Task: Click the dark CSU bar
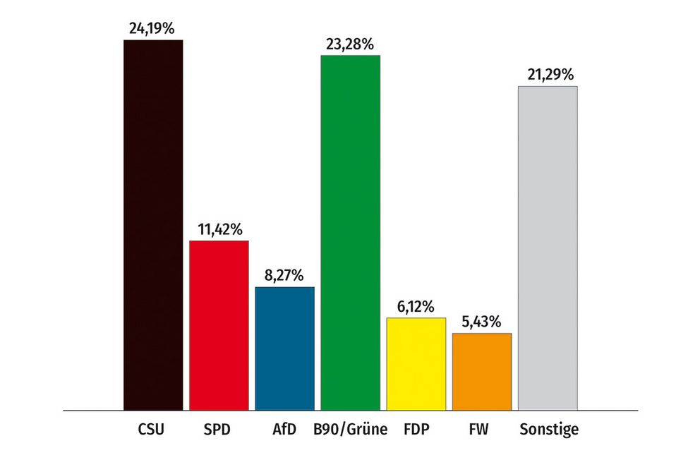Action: pos(153,224)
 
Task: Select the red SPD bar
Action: pos(219,325)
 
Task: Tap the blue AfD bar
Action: pos(284,348)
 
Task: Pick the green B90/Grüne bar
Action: pos(350,232)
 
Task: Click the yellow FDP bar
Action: pos(416,363)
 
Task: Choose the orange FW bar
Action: pos(481,371)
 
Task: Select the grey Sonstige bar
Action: pos(548,248)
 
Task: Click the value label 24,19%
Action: pos(152,29)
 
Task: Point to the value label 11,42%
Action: pos(219,229)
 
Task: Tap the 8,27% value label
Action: pos(284,275)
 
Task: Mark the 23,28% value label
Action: pos(350,44)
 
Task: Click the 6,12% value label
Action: pos(416,307)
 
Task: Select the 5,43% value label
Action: pos(481,322)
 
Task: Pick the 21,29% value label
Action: pos(548,75)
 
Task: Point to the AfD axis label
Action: pos(284,429)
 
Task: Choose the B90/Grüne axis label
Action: pos(350,429)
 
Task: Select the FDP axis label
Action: pos(416,429)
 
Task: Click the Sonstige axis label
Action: pos(548,429)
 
